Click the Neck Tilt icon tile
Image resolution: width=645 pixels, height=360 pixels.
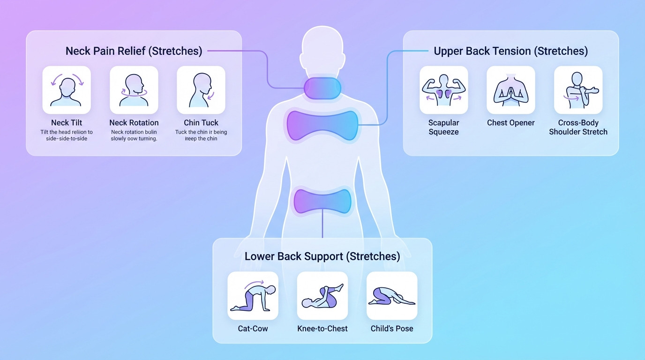click(67, 90)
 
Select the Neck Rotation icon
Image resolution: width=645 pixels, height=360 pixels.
click(134, 90)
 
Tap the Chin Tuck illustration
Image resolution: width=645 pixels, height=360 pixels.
click(201, 90)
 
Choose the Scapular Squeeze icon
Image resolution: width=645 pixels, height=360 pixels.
click(443, 90)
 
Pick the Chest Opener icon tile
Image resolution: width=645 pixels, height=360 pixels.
click(511, 90)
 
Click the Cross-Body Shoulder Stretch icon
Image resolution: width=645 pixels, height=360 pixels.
click(578, 90)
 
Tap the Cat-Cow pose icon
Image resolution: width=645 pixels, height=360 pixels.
click(253, 296)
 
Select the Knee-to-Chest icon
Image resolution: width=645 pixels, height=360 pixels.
click(322, 296)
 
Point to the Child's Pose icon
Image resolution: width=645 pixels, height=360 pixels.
click(392, 296)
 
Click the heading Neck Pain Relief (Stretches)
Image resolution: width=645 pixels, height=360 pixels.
click(134, 51)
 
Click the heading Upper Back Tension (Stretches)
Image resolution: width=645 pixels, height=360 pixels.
click(510, 51)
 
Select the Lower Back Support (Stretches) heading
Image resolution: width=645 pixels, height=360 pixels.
click(322, 256)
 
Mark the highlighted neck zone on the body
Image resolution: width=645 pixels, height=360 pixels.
click(322, 88)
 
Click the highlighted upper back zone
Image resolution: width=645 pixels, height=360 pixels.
click(322, 125)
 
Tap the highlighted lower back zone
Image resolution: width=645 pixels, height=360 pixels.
click(322, 201)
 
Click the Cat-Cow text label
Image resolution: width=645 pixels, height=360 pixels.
click(253, 329)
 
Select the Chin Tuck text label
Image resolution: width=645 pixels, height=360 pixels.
click(201, 123)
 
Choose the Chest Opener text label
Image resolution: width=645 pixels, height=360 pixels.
click(511, 123)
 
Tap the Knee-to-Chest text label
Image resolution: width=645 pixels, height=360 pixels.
click(322, 329)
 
